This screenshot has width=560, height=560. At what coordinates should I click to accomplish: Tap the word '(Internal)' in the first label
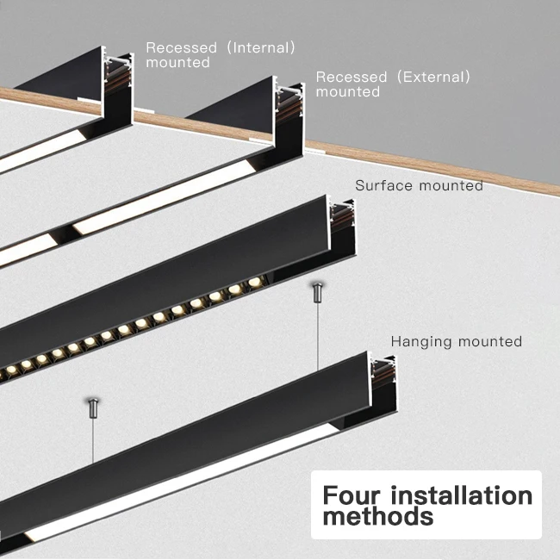pyautogui.click(x=259, y=47)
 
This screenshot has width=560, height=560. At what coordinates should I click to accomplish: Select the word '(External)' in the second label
pyautogui.click(x=433, y=77)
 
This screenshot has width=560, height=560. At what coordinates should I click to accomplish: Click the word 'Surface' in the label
pyautogui.click(x=383, y=185)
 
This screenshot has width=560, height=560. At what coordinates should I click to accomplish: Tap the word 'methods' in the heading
pyautogui.click(x=377, y=517)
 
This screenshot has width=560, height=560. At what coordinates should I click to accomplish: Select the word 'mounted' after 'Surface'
pyautogui.click(x=450, y=185)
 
